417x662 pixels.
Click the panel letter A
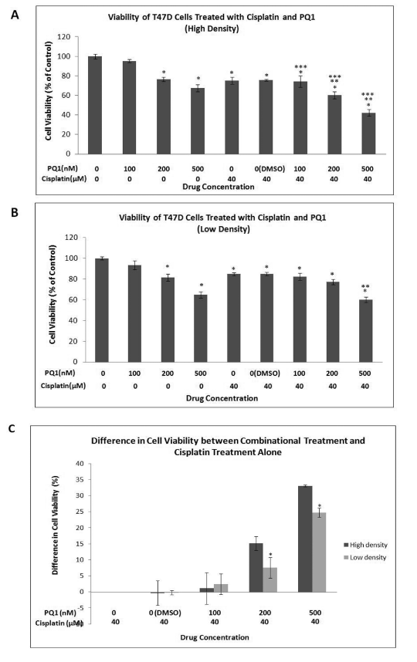15,15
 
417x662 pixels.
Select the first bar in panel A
95,105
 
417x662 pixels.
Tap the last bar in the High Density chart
368,133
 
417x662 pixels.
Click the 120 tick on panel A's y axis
64,37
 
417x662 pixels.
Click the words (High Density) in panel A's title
212,29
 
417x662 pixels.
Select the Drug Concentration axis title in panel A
219,187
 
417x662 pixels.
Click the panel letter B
15,212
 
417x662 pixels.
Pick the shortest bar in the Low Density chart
365,330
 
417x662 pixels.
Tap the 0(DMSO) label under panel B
266,373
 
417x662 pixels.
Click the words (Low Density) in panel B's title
223,229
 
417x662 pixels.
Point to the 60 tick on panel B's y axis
74,300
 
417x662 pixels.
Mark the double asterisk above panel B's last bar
365,287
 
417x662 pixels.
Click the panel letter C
12,428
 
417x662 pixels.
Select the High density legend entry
365,545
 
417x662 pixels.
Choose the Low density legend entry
365,557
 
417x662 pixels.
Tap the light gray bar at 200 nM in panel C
270,579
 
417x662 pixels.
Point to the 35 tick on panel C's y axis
80,480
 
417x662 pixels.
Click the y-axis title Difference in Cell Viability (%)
56,525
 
